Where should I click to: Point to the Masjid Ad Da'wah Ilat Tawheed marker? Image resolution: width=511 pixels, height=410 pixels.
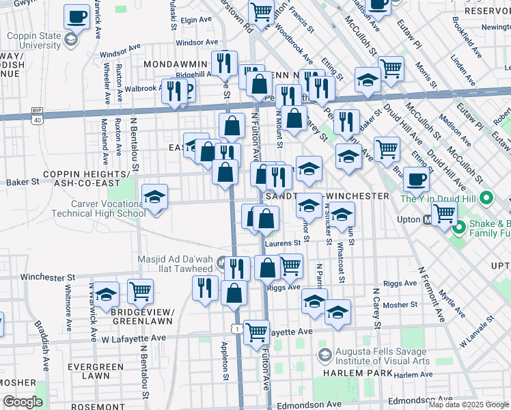(x=221, y=262)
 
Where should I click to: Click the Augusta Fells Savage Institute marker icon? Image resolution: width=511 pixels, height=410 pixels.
(x=325, y=355)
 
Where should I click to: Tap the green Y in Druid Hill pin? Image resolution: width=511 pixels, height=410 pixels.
(x=486, y=199)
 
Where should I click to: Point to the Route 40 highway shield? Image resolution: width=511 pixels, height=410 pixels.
(x=36, y=120)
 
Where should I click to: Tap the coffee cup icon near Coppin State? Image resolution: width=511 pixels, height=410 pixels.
(x=77, y=17)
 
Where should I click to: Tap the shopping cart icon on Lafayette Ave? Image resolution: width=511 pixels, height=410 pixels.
(x=256, y=333)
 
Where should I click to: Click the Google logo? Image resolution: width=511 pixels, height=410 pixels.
(x=23, y=402)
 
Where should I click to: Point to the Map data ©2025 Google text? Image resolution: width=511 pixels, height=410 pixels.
(x=469, y=405)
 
